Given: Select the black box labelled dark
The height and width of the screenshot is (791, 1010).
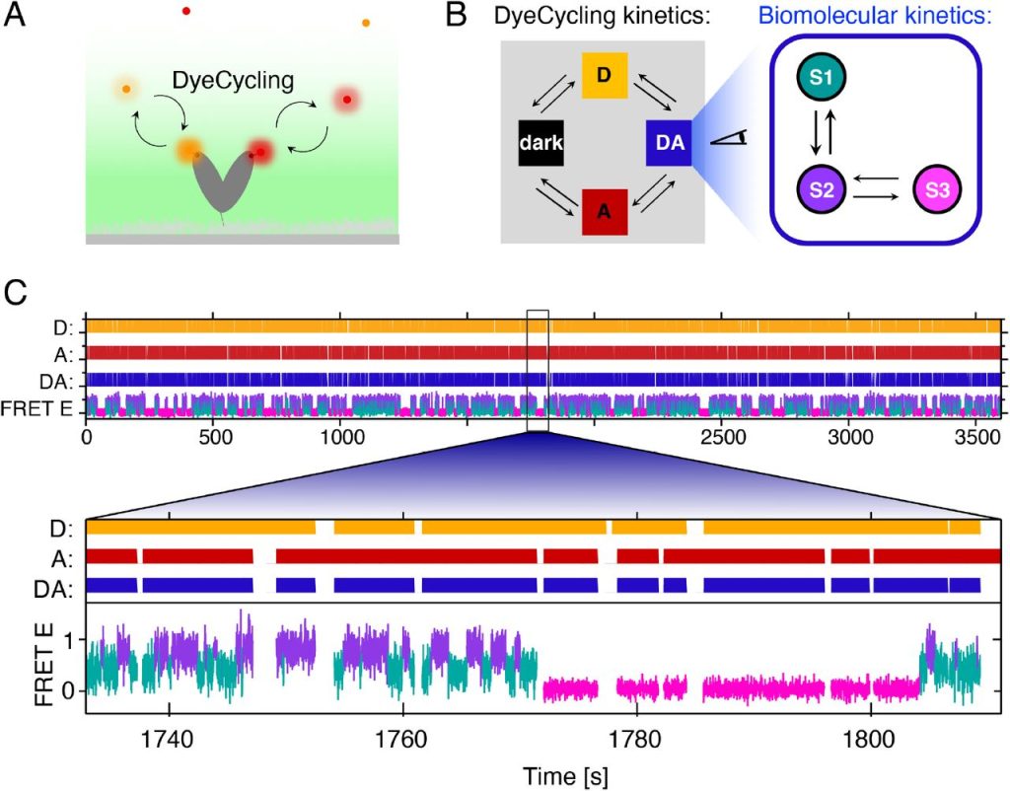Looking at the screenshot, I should [x=541, y=143].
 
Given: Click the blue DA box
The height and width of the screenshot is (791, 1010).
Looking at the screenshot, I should [x=670, y=143].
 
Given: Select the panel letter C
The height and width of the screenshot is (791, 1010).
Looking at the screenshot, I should [x=17, y=292].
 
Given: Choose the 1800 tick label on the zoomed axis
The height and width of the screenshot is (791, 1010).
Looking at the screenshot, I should [x=871, y=735].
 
